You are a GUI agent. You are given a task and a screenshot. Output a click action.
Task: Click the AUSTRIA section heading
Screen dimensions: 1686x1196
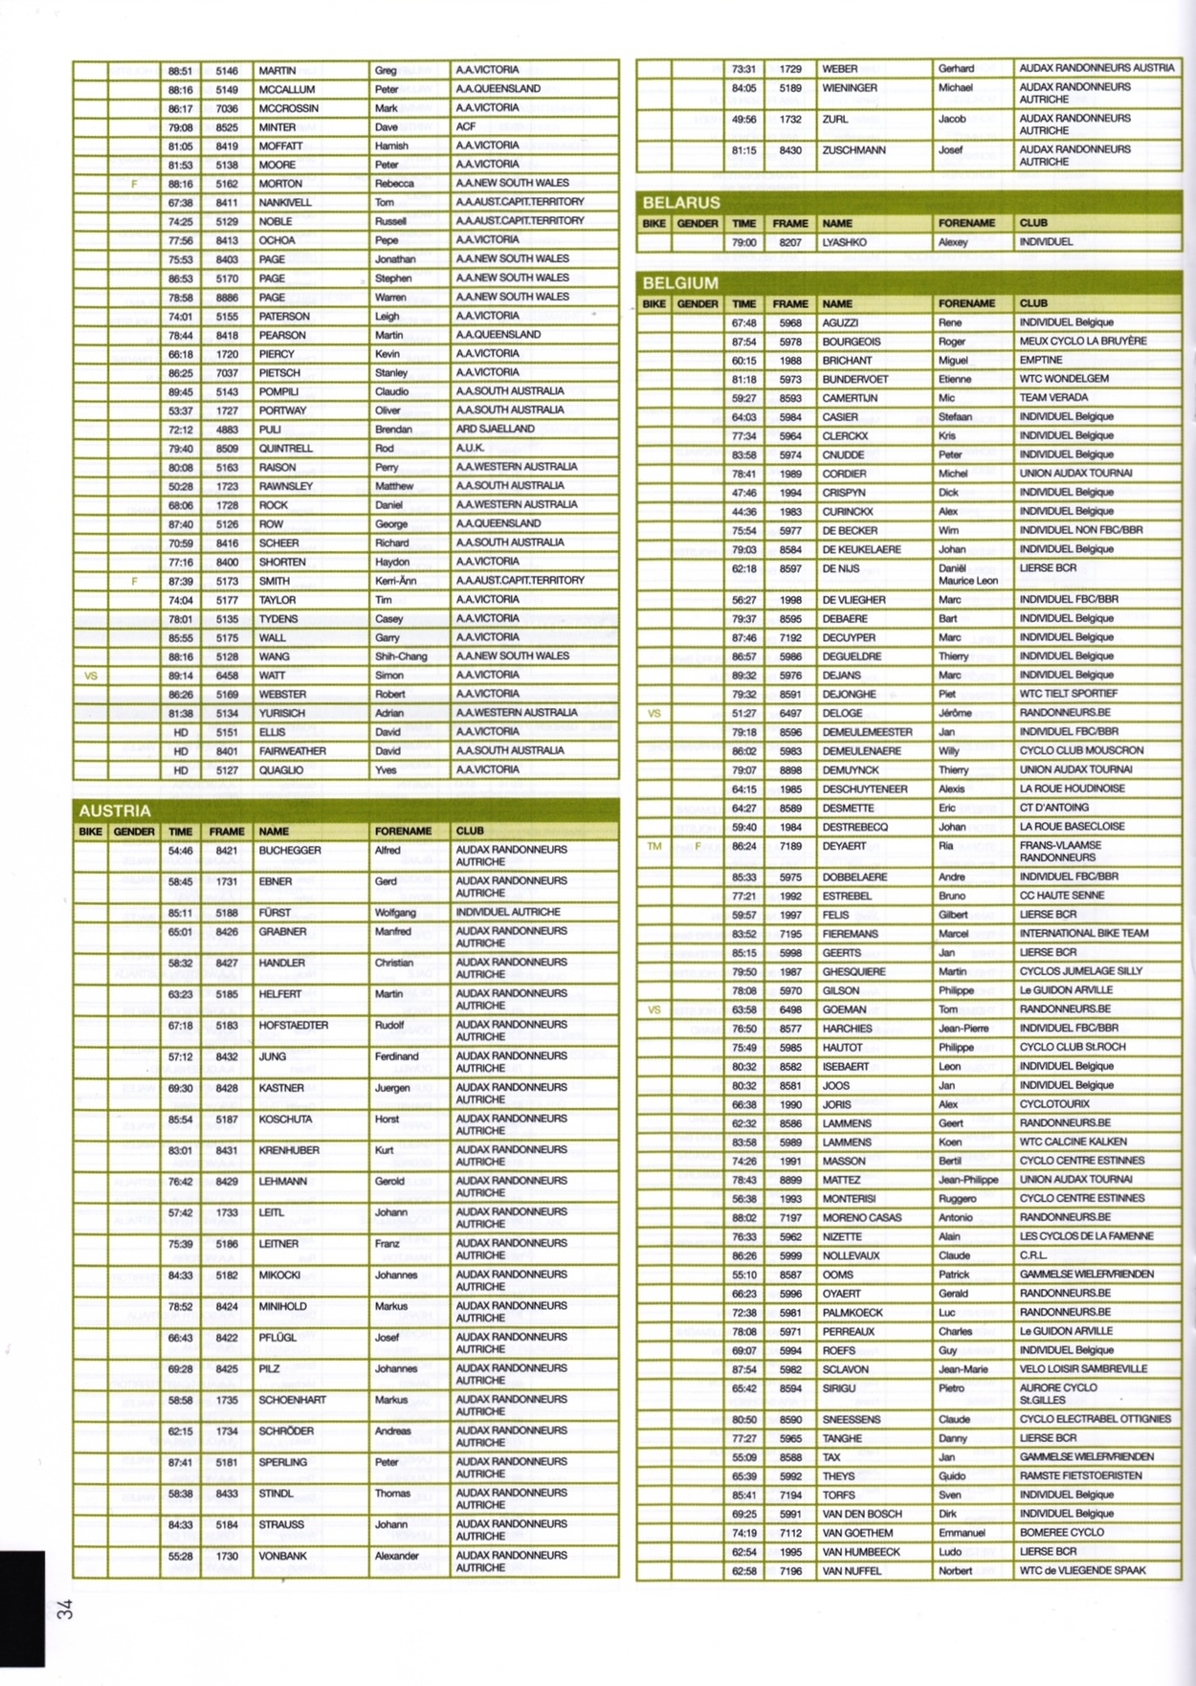115,810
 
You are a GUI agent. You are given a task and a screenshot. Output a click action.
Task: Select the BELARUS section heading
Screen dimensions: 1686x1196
681,203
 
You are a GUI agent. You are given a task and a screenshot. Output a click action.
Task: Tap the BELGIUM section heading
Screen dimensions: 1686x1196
680,283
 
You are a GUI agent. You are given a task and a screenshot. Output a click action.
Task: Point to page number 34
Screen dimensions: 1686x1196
65,1608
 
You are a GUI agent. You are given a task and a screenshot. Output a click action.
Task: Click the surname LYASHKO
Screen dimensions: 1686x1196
844,243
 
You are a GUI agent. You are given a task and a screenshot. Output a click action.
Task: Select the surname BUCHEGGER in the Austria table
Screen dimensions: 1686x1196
290,851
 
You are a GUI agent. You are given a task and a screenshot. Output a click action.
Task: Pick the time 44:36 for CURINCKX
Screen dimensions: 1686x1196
743,512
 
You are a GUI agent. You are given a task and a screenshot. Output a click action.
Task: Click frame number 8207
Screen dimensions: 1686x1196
790,243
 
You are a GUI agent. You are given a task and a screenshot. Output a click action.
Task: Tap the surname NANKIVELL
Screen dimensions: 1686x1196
285,203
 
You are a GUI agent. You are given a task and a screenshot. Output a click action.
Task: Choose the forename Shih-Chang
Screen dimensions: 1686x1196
401,656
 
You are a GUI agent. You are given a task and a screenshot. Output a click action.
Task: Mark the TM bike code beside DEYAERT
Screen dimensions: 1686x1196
654,847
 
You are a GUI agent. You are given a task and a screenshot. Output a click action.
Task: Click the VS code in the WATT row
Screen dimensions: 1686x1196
91,676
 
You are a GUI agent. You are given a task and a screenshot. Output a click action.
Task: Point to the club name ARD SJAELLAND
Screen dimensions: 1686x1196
495,429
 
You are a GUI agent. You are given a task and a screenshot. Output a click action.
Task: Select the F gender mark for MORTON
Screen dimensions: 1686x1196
134,184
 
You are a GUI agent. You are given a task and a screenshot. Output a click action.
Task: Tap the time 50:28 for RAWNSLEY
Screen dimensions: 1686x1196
180,486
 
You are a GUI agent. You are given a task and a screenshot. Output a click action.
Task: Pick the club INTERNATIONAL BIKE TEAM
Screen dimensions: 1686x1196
1084,933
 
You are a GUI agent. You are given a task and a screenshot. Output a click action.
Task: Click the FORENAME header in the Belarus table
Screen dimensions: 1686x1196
966,223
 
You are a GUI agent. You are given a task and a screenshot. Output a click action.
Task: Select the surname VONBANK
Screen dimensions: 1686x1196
282,1556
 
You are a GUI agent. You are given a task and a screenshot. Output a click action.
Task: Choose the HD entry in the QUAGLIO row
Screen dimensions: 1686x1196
180,770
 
